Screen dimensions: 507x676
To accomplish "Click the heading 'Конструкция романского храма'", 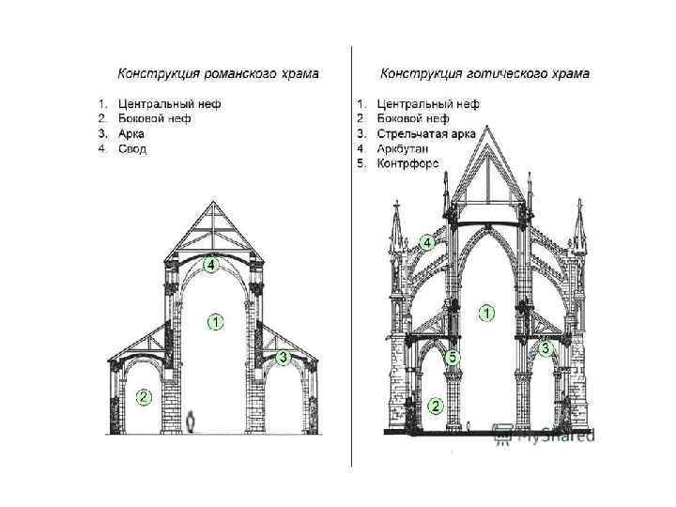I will (218, 72).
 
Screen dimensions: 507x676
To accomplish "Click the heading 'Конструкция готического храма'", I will (484, 72).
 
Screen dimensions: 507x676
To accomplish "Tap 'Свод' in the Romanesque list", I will (133, 148).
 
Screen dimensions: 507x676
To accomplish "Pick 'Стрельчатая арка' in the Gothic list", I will (425, 133).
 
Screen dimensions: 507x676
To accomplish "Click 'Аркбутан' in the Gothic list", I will (404, 148).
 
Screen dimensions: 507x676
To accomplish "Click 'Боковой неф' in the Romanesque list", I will (155, 118).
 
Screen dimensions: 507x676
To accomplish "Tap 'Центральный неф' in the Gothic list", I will (428, 103).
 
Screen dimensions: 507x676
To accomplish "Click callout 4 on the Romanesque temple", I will (212, 266).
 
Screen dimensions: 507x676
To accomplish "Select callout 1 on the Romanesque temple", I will (214, 323).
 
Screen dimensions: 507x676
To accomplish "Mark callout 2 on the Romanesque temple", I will (143, 396).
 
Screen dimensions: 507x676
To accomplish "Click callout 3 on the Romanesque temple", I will (283, 358).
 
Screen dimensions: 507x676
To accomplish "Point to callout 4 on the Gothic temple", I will (426, 242).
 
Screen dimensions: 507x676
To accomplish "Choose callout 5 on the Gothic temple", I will (453, 358).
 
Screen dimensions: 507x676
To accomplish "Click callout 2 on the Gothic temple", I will (436, 406).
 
